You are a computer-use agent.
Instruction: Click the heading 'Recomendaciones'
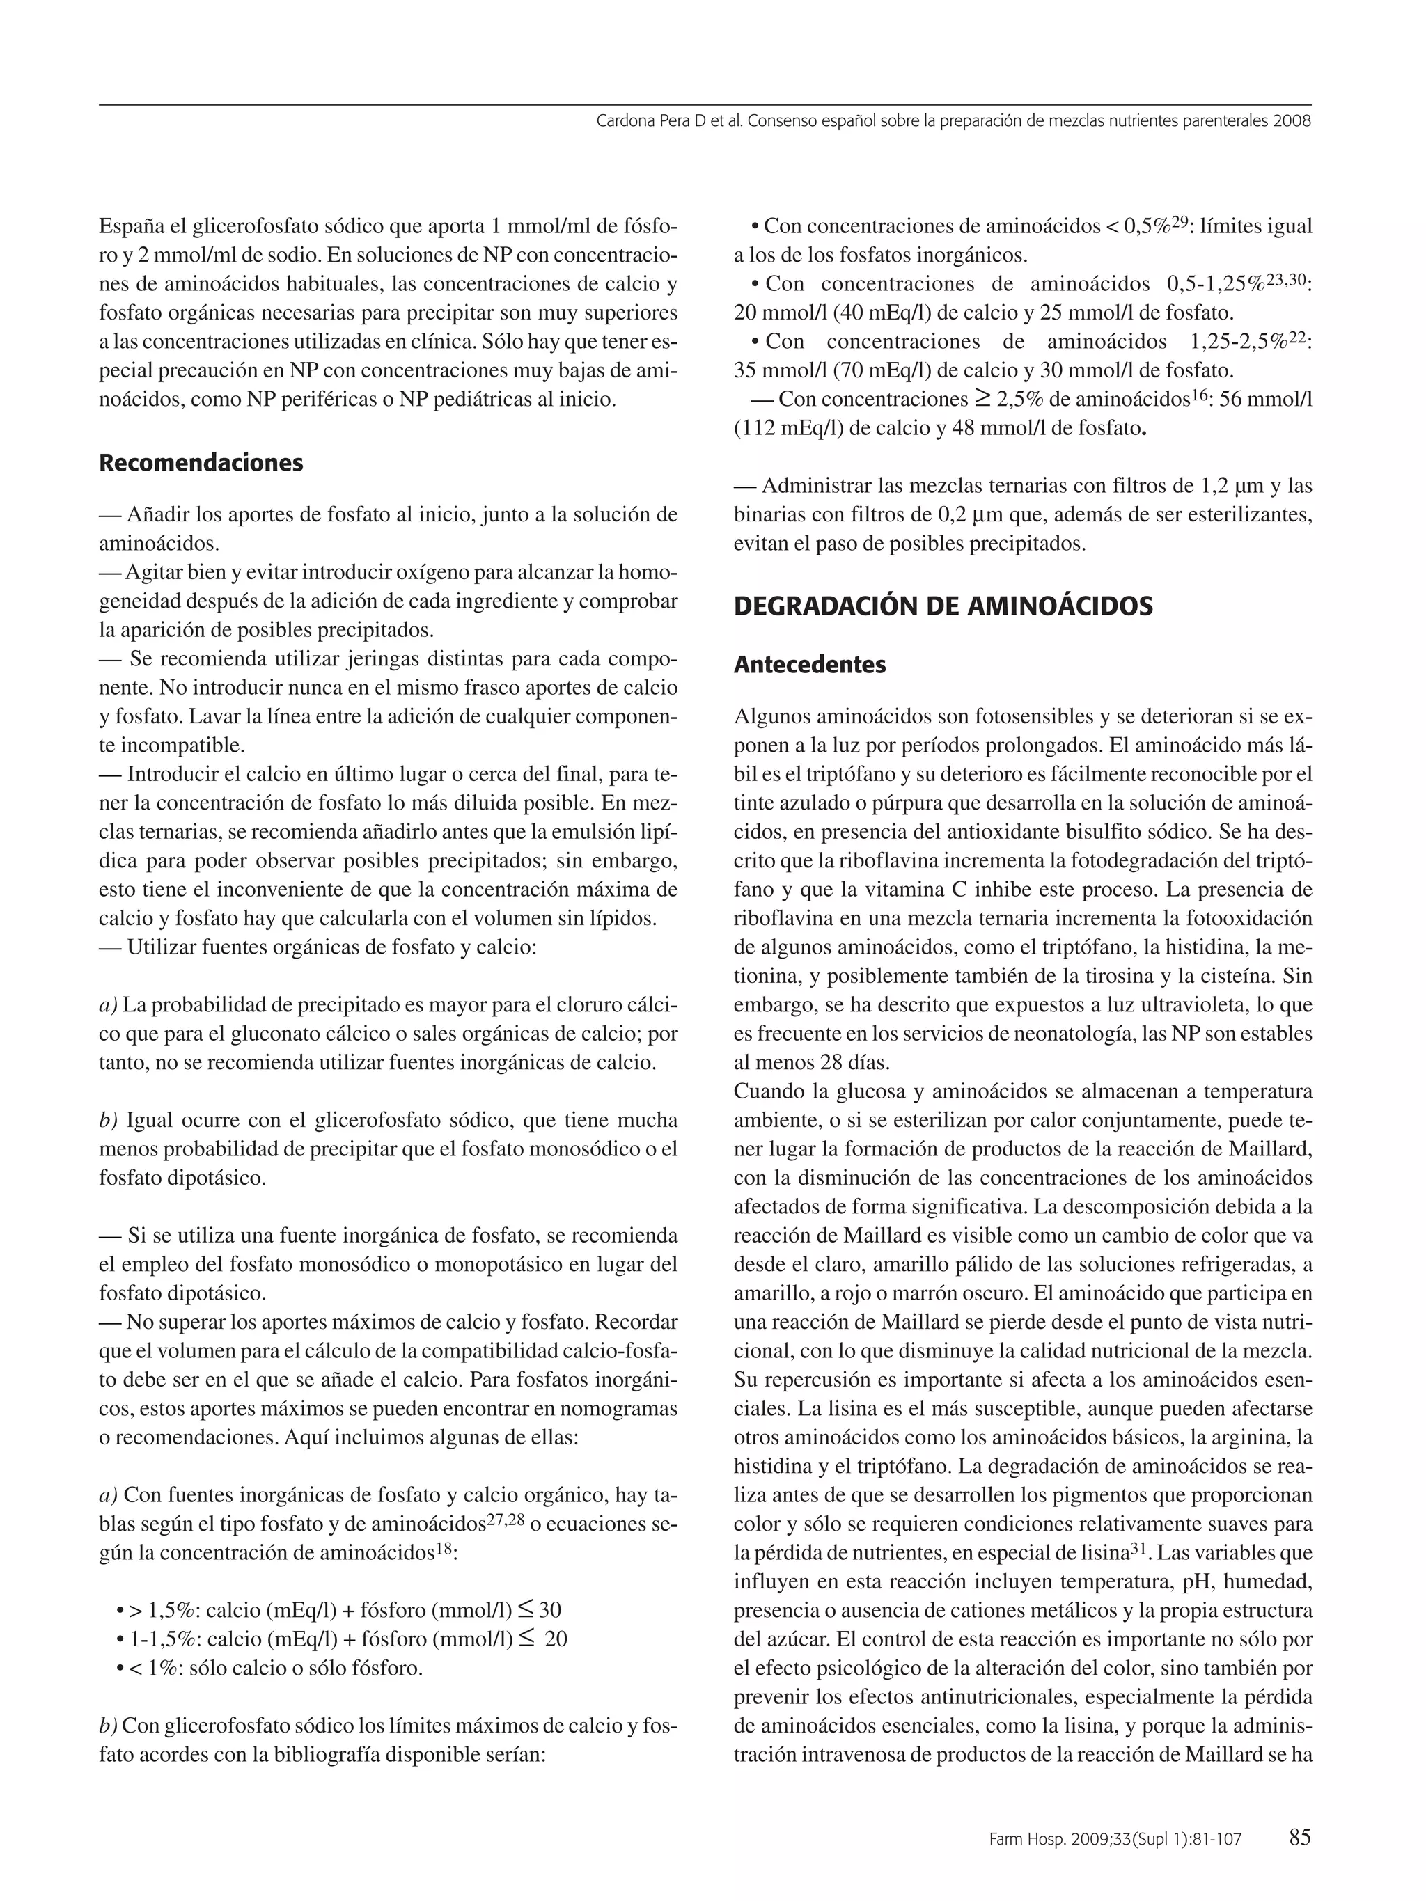tap(201, 463)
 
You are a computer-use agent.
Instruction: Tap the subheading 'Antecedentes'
tap(810, 664)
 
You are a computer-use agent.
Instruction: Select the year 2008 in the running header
tap(1293, 121)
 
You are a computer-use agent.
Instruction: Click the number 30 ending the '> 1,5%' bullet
tap(549, 1611)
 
